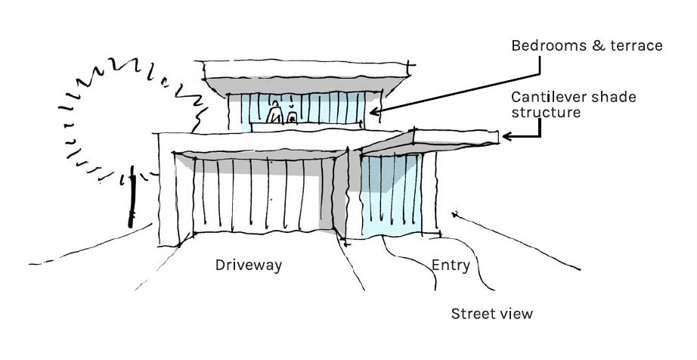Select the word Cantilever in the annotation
pos(547,98)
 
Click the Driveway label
pos(249,265)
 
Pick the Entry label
pos(451,265)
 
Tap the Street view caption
pos(491,313)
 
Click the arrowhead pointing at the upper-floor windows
pos(373,111)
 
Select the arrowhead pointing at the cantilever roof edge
pos(506,137)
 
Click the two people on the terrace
pos(282,114)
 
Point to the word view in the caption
pos(516,313)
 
